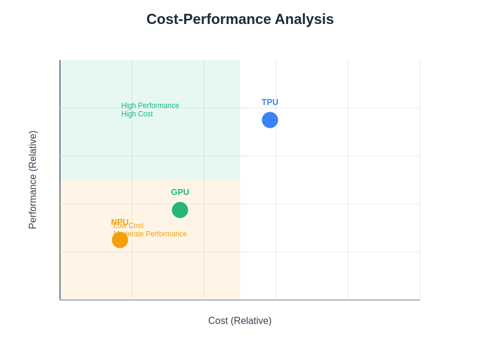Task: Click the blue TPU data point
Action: [270, 120]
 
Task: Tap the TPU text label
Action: [270, 102]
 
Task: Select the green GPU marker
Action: [180, 210]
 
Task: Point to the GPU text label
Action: [180, 192]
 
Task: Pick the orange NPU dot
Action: [120, 240]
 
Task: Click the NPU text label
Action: [119, 221]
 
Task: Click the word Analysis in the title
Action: [304, 19]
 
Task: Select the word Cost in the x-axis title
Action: [218, 321]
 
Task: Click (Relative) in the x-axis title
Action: [251, 321]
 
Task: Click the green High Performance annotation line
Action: [150, 106]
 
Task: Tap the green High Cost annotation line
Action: [137, 114]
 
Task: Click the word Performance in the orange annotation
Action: [164, 234]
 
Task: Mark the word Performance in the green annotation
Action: [159, 106]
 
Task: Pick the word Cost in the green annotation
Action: [145, 114]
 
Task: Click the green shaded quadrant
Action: [180, 144]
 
